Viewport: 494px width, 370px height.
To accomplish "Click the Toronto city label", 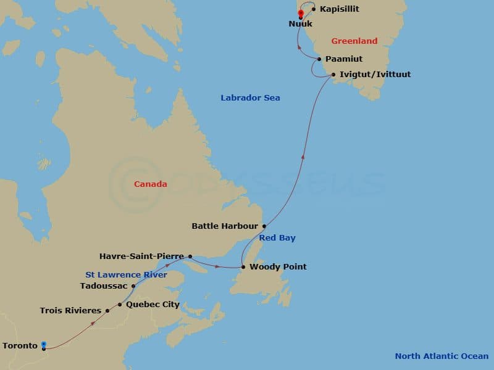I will coord(20,346).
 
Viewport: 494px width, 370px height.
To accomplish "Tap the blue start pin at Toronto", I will coord(44,345).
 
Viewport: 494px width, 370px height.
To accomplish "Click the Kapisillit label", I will coord(340,9).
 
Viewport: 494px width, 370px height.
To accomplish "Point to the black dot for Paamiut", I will coord(319,59).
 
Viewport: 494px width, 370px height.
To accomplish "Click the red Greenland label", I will coord(354,41).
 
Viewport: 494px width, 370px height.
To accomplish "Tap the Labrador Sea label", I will coord(250,97).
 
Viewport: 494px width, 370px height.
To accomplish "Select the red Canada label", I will coord(151,184).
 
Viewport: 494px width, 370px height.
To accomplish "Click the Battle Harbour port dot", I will coord(264,226).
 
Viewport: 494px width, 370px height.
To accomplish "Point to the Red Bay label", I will coord(277,238).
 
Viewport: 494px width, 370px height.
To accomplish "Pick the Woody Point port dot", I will coord(243,267).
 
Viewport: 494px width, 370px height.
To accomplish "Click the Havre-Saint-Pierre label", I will coord(143,256).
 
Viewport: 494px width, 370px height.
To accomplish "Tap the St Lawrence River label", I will coord(126,274).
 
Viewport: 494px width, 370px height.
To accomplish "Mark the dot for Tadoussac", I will coord(133,286).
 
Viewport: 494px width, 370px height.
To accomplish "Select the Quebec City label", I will coord(153,305).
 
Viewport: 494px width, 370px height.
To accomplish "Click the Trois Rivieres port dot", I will coord(107,311).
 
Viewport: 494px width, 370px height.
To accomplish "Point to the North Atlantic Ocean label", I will coord(442,356).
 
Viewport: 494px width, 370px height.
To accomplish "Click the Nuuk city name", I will coord(300,24).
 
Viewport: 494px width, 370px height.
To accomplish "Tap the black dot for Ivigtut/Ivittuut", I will coord(334,75).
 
